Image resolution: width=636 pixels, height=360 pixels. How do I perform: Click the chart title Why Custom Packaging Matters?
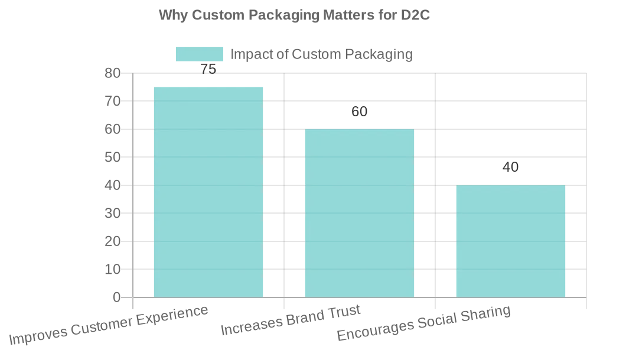coord(294,15)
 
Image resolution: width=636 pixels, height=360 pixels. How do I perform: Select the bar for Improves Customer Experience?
coord(208,192)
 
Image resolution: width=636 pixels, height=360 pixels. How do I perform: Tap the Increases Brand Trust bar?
coord(359,213)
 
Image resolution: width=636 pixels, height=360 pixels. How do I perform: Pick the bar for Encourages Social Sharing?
coord(510,241)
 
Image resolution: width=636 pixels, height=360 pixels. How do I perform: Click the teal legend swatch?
coord(199,54)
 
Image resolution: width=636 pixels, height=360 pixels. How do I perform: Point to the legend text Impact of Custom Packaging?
coord(321,54)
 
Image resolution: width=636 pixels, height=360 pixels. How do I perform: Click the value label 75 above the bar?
coord(208,69)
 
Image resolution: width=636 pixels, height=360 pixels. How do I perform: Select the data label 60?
coord(359,112)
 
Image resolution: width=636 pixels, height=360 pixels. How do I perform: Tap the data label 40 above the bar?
coord(510,167)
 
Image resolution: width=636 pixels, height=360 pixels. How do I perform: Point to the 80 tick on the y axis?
coord(112,73)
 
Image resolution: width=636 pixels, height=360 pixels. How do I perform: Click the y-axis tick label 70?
coord(112,102)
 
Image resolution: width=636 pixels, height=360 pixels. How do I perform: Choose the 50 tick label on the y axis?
coord(112,158)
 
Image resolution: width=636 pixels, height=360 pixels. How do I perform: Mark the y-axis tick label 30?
coord(112,213)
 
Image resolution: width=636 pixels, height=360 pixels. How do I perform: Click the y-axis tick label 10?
coord(112,269)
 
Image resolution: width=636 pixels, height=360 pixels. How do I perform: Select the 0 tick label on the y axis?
coord(116,297)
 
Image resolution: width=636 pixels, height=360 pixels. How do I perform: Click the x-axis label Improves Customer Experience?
coord(109,326)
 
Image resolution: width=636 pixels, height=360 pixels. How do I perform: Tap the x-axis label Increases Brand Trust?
coord(291,322)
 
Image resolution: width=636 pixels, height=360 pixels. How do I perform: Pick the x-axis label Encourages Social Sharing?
coord(423,324)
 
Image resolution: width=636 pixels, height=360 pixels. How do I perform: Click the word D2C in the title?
coord(416,15)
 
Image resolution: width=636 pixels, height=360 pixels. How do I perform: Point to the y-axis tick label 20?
coord(112,241)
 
